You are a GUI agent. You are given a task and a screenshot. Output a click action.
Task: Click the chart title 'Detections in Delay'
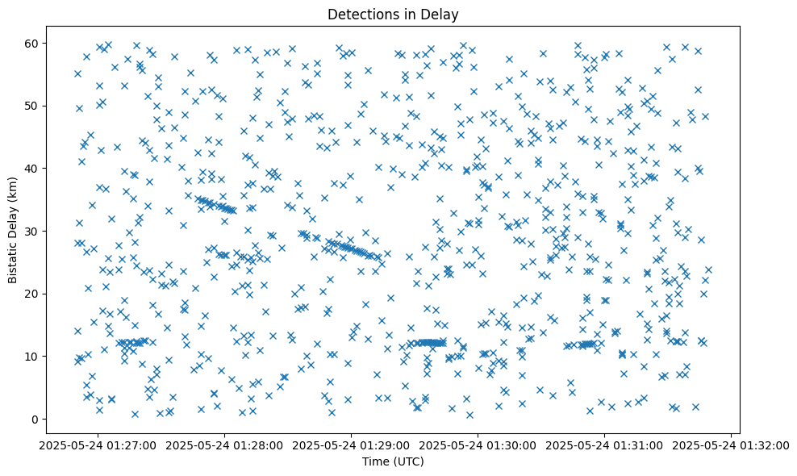(x=398, y=14)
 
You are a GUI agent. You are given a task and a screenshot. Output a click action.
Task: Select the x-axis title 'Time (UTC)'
(x=398, y=461)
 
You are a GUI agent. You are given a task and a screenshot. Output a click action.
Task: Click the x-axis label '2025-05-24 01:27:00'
(x=99, y=445)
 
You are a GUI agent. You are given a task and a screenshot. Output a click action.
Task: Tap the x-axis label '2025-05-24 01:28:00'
(x=226, y=445)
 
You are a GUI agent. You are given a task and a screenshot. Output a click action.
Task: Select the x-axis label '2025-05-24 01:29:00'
(x=352, y=445)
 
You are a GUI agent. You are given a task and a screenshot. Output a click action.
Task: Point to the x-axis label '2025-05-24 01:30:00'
(x=478, y=445)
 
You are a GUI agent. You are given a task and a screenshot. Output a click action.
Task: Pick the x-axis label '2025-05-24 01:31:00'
(x=605, y=445)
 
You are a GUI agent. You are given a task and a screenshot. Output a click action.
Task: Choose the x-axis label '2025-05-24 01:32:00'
(x=731, y=445)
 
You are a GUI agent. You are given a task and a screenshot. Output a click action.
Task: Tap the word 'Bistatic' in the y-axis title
(x=13, y=259)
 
